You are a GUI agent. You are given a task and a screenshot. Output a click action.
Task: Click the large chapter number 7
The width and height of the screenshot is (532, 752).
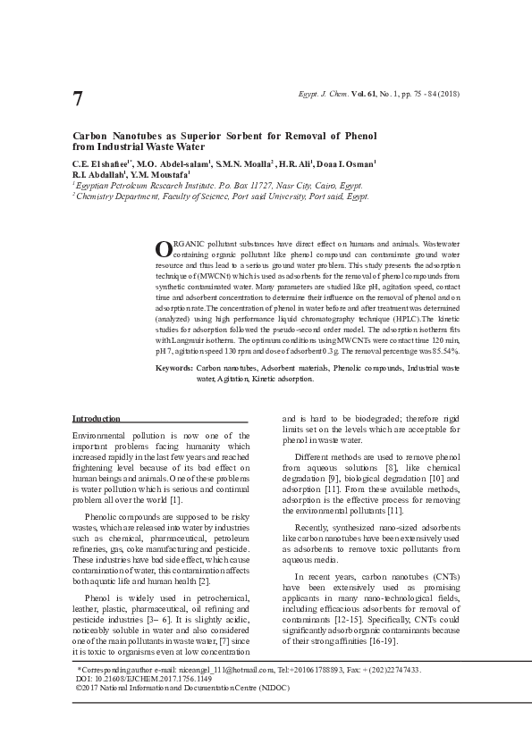pos(78,99)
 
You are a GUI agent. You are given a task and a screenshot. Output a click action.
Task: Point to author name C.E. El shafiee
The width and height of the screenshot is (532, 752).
pos(102,164)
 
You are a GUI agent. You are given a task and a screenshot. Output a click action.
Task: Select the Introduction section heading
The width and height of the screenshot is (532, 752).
pos(96,418)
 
